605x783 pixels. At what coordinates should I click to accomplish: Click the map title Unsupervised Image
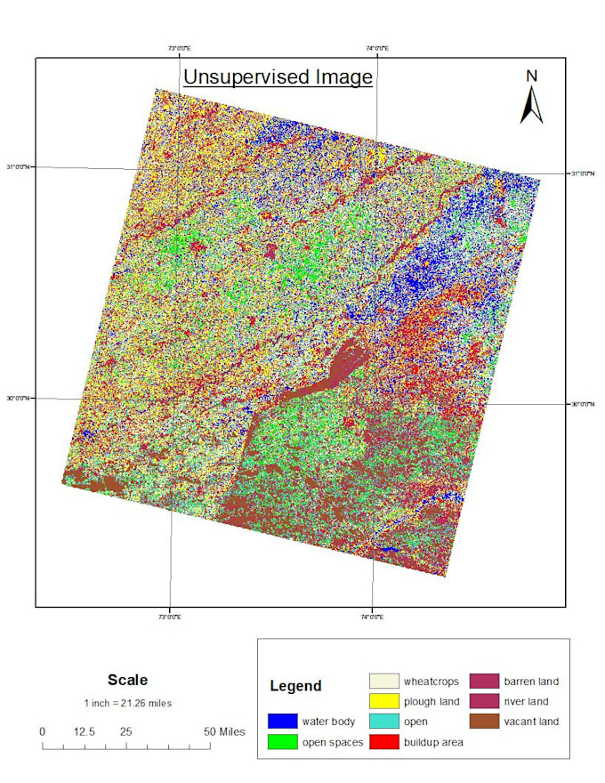tap(278, 77)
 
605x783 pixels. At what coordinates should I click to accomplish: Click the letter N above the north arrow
tap(531, 77)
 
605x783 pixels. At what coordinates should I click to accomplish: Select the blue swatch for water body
tap(281, 721)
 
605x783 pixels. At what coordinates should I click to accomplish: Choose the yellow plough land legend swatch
tap(383, 702)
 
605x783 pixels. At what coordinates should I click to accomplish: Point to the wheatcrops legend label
tap(431, 682)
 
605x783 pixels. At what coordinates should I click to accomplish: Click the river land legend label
tap(531, 702)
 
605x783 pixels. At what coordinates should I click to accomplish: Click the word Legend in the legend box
tap(296, 686)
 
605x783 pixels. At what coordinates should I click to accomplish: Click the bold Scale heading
tap(127, 680)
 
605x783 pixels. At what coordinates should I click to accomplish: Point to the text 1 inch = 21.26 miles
tap(127, 703)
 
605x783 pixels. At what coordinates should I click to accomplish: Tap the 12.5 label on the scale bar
tap(84, 731)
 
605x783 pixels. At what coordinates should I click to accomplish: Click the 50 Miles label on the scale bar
tap(225, 731)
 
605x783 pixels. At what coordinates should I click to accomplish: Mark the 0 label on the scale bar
tap(42, 731)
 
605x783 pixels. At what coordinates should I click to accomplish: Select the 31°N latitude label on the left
tap(20, 167)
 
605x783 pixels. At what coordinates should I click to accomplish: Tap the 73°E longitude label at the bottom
tap(169, 616)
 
